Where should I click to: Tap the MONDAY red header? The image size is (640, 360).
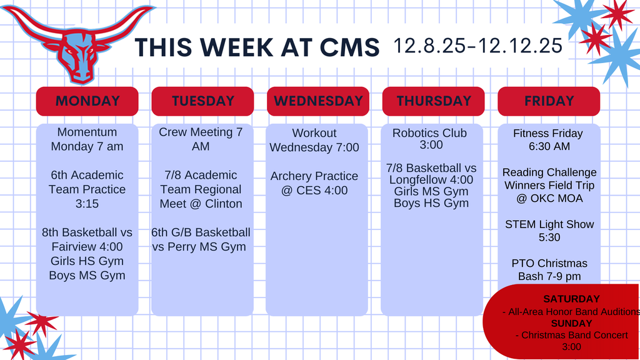(87, 101)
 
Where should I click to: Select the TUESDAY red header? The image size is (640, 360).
(202, 101)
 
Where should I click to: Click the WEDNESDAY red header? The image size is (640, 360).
(318, 101)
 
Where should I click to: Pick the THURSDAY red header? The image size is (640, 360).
(433, 101)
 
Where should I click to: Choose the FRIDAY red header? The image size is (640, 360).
(549, 101)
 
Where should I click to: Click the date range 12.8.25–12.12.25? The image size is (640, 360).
(478, 46)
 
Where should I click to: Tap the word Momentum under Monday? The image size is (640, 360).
(87, 132)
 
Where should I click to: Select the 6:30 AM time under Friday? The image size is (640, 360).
(549, 146)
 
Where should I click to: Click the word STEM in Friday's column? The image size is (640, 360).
(519, 224)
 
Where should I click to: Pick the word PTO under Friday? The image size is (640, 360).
(522, 263)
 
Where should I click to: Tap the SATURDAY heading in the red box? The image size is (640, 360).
(571, 299)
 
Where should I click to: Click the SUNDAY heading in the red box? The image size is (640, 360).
(571, 324)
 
